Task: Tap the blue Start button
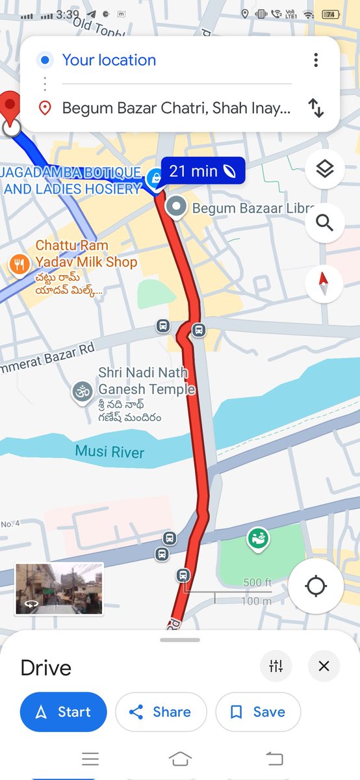[63, 712]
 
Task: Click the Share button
[161, 712]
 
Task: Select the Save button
[258, 712]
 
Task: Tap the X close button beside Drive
[324, 666]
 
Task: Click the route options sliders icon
[276, 666]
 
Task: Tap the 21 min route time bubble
[202, 171]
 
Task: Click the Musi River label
[109, 452]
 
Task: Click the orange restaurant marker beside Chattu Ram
[19, 264]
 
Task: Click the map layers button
[324, 170]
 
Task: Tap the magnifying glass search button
[324, 223]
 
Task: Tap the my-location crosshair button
[316, 586]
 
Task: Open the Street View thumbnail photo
[59, 589]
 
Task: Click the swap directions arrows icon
[316, 108]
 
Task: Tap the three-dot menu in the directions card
[316, 60]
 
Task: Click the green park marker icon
[258, 538]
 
